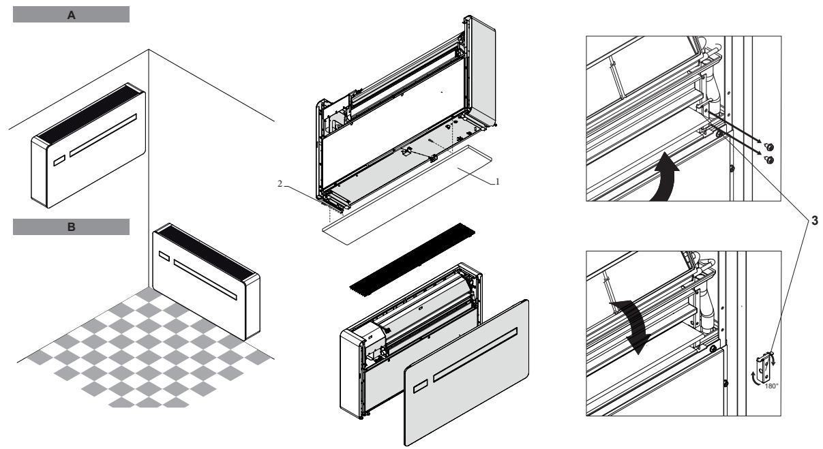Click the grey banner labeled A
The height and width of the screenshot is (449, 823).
point(71,15)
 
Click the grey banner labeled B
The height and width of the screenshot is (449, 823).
point(71,227)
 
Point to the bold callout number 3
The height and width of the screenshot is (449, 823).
point(809,221)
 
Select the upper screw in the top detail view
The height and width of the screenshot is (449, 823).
point(768,146)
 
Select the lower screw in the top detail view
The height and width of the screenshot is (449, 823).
point(768,159)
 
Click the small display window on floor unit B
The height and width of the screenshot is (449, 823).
point(164,257)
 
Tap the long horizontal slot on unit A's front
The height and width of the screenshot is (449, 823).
point(102,136)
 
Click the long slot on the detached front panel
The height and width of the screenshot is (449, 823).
point(475,350)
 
